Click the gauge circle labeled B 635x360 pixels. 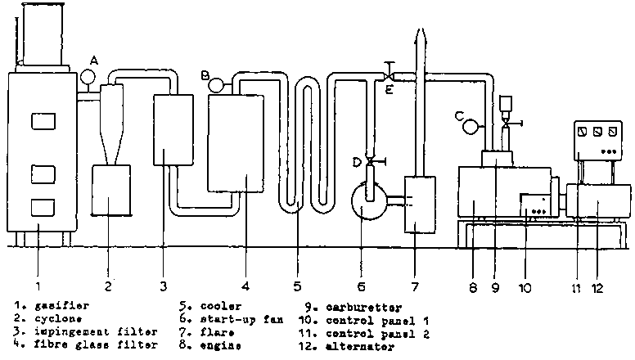pyautogui.click(x=216, y=83)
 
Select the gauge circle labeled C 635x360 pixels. pyautogui.click(x=471, y=127)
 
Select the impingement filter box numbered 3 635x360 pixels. pyautogui.click(x=173, y=131)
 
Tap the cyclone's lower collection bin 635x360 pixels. pyautogui.click(x=112, y=191)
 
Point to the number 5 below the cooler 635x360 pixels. pyautogui.click(x=298, y=286)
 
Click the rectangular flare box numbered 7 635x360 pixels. pyautogui.click(x=420, y=204)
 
